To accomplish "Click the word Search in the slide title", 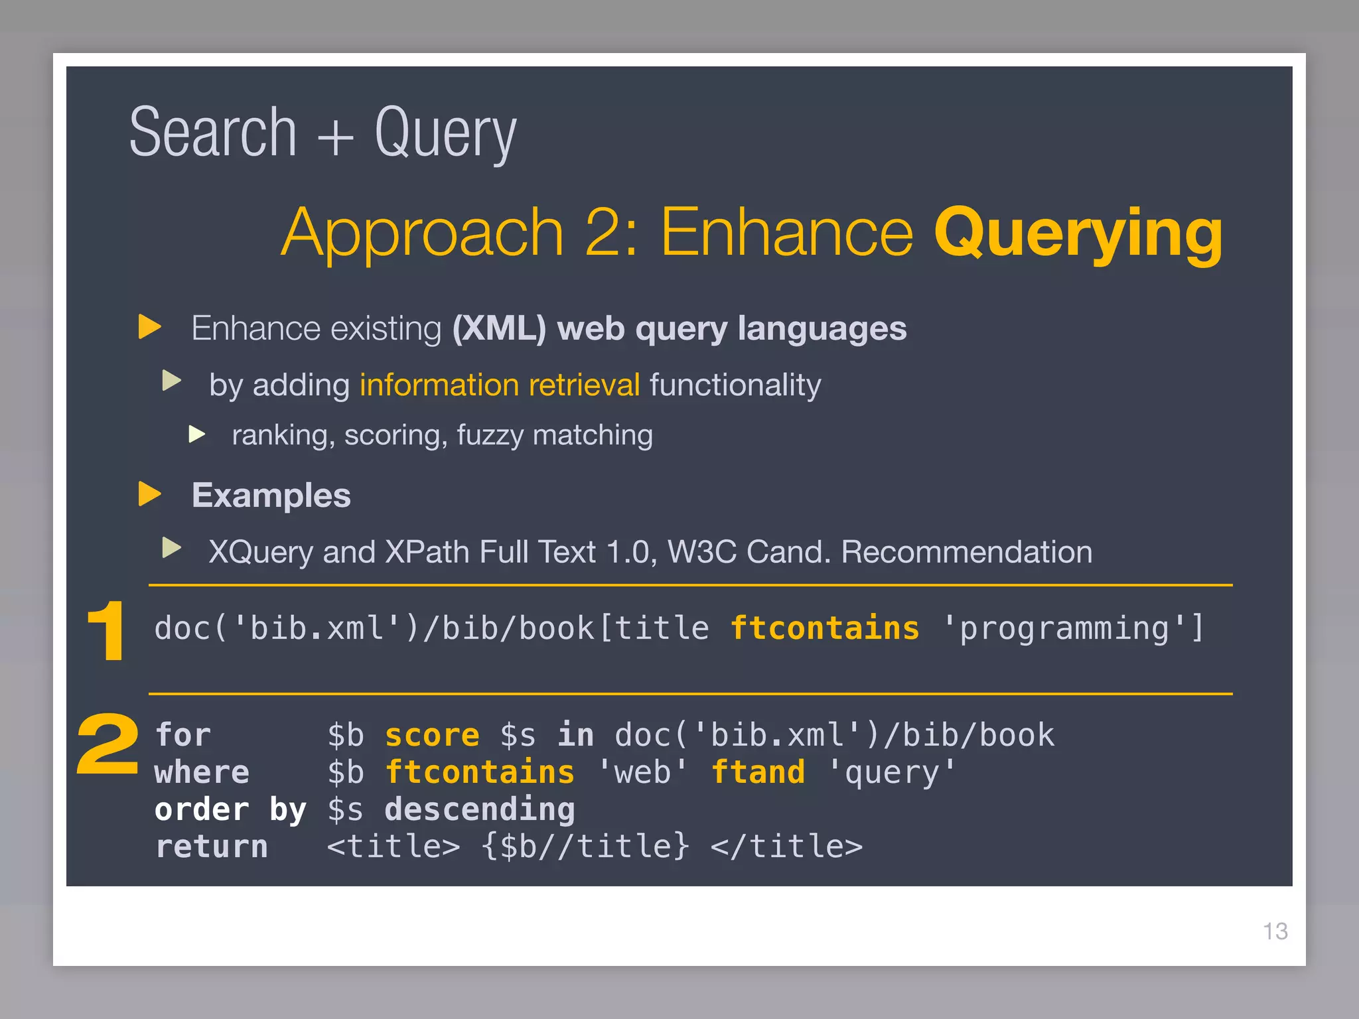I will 212,133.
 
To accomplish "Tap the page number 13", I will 1275,931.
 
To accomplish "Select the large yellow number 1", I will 107,631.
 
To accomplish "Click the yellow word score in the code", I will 432,735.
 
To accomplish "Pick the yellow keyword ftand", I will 758,772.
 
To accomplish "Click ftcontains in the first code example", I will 825,628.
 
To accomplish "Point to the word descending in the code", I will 480,809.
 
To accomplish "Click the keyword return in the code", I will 212,847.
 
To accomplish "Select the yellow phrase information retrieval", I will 499,385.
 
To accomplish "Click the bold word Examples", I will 271,496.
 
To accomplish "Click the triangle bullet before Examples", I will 149,494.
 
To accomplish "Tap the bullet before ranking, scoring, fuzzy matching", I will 196,435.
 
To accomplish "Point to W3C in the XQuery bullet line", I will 701,552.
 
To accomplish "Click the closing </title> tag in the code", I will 786,847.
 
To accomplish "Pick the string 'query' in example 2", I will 892,773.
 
